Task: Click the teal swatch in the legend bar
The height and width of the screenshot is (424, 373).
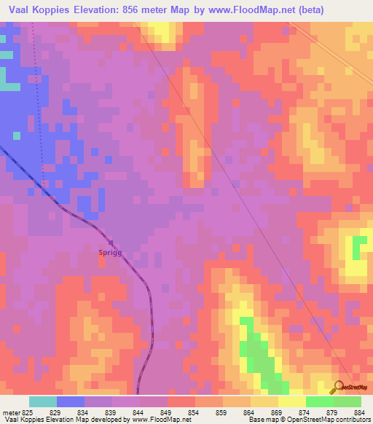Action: [x=43, y=401]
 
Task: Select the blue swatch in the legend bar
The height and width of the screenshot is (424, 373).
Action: [x=71, y=401]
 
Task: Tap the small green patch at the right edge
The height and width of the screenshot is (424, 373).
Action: [x=358, y=248]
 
